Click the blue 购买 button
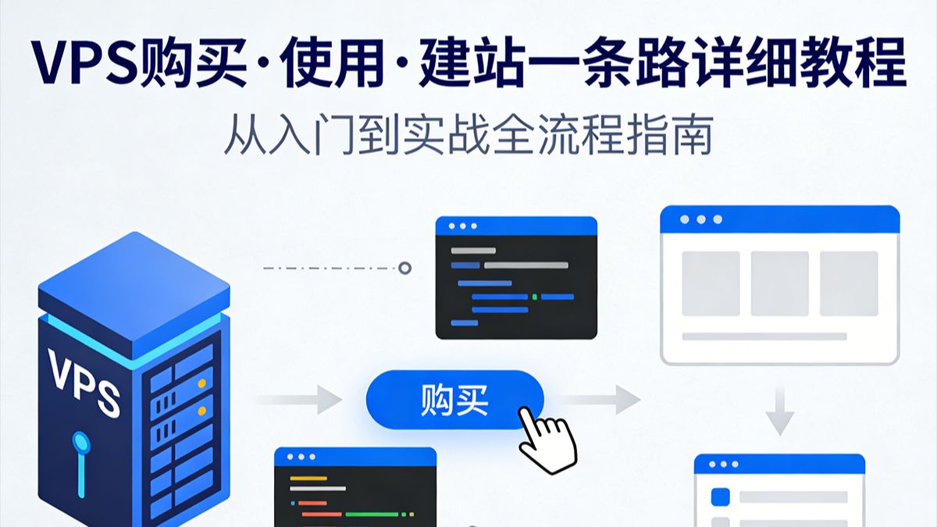(x=454, y=400)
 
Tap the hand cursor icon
(x=548, y=441)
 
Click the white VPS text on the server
(x=84, y=383)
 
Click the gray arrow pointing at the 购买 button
(x=300, y=400)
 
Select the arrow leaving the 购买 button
(x=599, y=400)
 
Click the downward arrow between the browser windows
(x=780, y=411)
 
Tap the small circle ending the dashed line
(x=404, y=268)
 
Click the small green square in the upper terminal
(x=535, y=297)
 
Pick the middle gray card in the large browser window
(x=780, y=283)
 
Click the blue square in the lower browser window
(x=720, y=497)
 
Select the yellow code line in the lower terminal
(x=308, y=478)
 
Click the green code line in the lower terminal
(x=372, y=514)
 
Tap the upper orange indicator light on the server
(x=202, y=383)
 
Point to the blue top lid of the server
(x=134, y=295)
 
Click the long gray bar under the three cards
(x=764, y=336)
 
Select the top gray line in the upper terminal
(x=473, y=251)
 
